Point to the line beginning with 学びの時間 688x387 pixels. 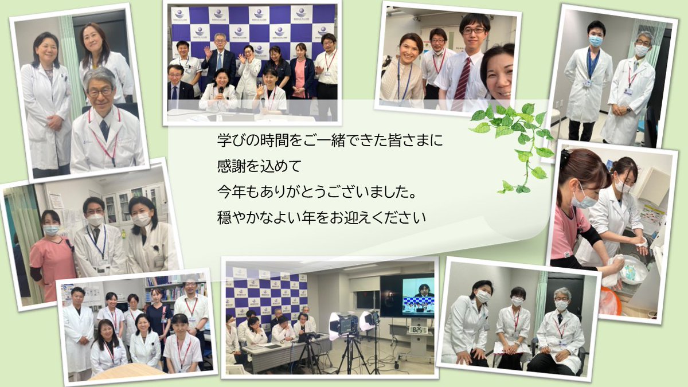[331, 140]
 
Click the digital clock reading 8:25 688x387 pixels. [417, 330]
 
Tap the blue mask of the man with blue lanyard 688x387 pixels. [596, 41]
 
